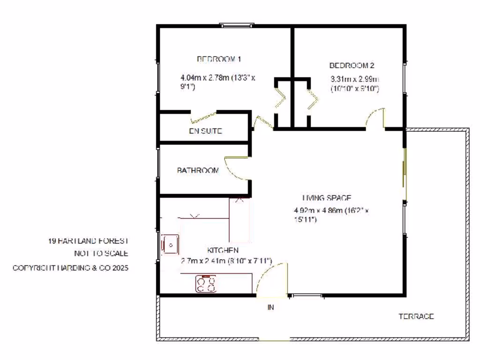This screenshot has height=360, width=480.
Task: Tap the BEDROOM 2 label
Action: click(x=352, y=66)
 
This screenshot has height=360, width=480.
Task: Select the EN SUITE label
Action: click(x=205, y=132)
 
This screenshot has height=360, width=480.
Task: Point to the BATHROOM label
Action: click(x=198, y=171)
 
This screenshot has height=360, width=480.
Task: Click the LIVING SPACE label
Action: click(x=327, y=198)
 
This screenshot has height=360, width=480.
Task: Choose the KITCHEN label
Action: click(x=223, y=250)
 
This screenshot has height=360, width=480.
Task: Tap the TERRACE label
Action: click(x=416, y=316)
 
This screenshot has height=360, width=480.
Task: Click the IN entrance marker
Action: click(x=270, y=308)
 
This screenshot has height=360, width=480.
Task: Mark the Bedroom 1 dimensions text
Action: click(x=217, y=82)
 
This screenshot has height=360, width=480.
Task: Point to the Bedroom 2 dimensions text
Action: click(x=355, y=83)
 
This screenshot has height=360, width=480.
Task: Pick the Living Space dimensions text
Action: click(x=331, y=215)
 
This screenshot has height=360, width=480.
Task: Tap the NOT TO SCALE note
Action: click(x=101, y=254)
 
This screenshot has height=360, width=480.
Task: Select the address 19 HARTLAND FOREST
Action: click(x=88, y=241)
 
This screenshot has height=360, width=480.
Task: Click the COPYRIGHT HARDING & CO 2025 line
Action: click(x=70, y=268)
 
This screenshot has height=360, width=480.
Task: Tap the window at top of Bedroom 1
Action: click(x=238, y=25)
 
